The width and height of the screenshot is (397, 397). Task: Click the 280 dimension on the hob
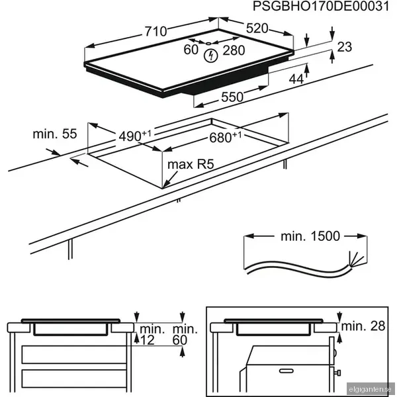click(x=233, y=50)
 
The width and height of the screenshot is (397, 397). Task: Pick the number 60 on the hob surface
click(x=191, y=50)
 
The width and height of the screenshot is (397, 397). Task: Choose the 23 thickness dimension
click(x=343, y=46)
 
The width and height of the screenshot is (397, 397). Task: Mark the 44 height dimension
click(x=296, y=79)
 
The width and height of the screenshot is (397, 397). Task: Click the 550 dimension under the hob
click(x=232, y=97)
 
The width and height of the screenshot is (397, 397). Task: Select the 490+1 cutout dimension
click(x=135, y=135)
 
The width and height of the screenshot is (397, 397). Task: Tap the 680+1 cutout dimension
click(x=226, y=138)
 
